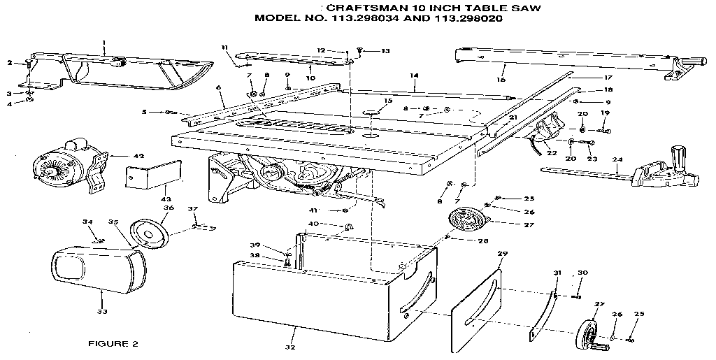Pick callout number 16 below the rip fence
501,80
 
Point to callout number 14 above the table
414,75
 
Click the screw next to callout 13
359,50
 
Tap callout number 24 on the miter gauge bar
617,159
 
